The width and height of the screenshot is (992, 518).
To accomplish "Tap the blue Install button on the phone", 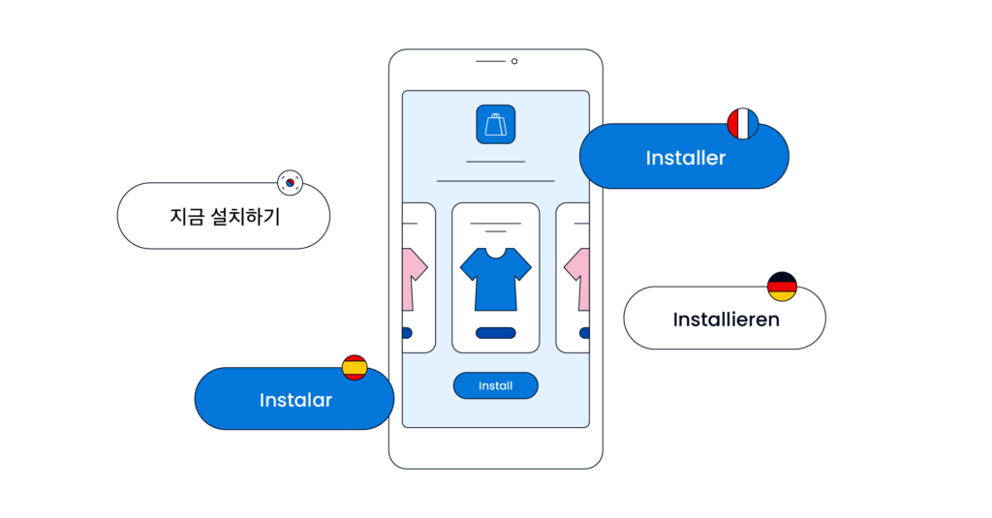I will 495,385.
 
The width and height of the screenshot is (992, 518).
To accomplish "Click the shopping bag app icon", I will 495,125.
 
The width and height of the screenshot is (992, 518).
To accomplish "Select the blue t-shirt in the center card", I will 495,281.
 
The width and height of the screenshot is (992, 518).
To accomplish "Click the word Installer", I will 685,157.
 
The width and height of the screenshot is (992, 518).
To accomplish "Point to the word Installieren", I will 726,319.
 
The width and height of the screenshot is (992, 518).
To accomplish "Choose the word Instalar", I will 295,400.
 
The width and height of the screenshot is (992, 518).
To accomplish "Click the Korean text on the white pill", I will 224,217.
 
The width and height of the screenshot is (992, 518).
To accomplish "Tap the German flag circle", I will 782,286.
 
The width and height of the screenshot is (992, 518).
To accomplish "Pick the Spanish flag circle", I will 355,368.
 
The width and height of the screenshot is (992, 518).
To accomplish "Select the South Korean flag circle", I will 290,181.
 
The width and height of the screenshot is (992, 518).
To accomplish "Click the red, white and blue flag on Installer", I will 742,124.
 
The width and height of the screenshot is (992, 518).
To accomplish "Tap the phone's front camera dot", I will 514,61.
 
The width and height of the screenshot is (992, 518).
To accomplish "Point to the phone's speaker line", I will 490,61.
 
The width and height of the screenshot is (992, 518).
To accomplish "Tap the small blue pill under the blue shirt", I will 495,333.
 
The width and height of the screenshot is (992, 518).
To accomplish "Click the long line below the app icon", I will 495,181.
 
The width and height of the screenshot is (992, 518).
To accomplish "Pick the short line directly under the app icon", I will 495,162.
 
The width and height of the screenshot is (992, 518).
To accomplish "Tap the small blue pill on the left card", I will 406,333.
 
